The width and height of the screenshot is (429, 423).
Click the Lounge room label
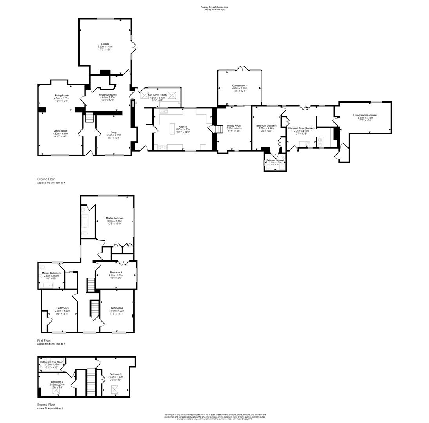[x=105, y=44]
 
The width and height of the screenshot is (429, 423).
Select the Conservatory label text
[x=239, y=85]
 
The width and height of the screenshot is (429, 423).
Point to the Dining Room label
[x=234, y=126]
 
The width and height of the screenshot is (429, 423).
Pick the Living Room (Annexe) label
[x=365, y=115]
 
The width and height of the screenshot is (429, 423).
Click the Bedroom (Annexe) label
[x=266, y=126]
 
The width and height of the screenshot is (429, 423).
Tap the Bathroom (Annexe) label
[x=275, y=160]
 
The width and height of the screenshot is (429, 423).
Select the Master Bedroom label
[x=114, y=218]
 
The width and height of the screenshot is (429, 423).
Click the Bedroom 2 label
[x=116, y=273]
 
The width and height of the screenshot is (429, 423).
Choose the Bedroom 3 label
[x=62, y=308]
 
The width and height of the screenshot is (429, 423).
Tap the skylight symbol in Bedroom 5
[x=116, y=390]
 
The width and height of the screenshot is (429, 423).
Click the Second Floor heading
[x=46, y=405]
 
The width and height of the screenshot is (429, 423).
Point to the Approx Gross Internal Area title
[x=214, y=7]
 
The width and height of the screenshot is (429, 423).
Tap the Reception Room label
[x=107, y=95]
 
